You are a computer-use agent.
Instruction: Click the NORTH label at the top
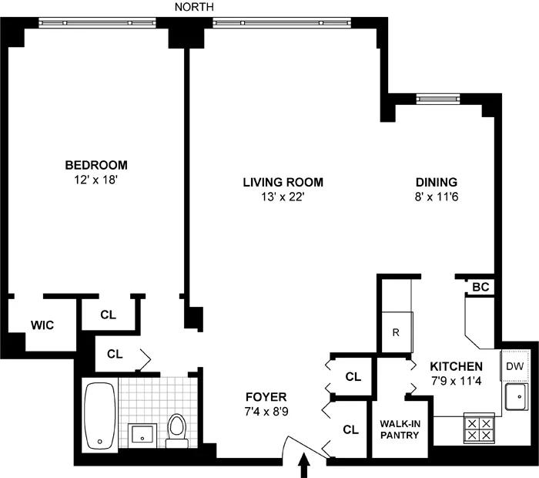[x=194, y=7]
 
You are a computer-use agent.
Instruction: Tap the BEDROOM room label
[x=96, y=165]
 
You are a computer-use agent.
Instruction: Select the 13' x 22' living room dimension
[x=283, y=197]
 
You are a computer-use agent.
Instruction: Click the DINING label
[x=437, y=182]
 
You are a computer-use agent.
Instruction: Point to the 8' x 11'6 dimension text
[x=437, y=197]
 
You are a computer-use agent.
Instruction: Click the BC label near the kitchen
[x=480, y=287]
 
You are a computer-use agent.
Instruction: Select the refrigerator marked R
[x=397, y=332]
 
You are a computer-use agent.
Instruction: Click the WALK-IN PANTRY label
[x=400, y=429]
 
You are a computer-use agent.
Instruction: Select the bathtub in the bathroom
[x=99, y=416]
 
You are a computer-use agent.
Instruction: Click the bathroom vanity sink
[x=142, y=434]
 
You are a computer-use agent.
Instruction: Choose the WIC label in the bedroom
[x=42, y=325]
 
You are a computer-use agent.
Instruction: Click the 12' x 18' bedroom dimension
[x=96, y=180]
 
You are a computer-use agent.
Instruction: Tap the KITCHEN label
[x=456, y=366]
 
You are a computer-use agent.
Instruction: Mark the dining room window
[x=438, y=98]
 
